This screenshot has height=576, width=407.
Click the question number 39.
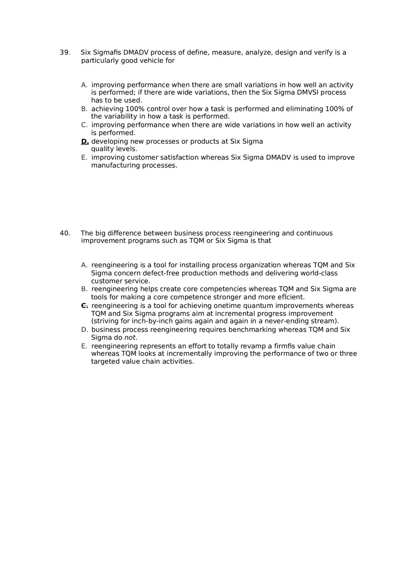64,53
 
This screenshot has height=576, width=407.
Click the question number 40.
64,233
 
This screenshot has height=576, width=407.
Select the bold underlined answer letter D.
85,141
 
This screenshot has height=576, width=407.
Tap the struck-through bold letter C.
84,306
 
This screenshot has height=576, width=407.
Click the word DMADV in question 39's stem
136,53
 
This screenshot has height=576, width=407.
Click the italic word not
130,338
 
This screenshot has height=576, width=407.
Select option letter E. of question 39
84,158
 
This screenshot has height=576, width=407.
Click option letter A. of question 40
84,265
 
